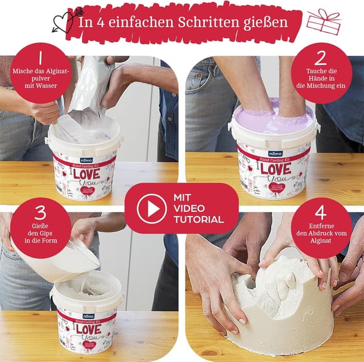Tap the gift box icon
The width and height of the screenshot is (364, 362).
(x=324, y=22)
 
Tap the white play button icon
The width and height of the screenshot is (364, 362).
(x=152, y=209)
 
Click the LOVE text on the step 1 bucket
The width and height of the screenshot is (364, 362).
(x=87, y=172)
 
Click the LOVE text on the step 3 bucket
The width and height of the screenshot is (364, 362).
(x=89, y=330)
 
